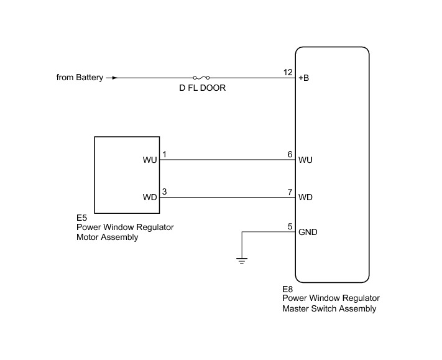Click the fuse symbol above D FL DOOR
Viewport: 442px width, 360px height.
pyautogui.click(x=201, y=78)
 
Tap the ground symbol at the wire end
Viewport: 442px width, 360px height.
pyautogui.click(x=241, y=260)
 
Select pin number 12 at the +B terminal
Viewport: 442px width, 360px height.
pyautogui.click(x=288, y=72)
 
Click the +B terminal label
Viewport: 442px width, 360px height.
pyautogui.click(x=305, y=78)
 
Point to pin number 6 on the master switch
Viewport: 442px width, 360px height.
pyautogui.click(x=290, y=154)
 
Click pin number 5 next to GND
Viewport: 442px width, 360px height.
pyautogui.click(x=290, y=226)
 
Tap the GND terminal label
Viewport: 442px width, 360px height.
pyautogui.click(x=308, y=233)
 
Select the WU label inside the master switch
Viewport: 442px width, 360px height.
pyautogui.click(x=305, y=160)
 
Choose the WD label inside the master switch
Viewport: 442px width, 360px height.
pyautogui.click(x=305, y=198)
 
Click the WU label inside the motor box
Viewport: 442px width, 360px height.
pyautogui.click(x=149, y=160)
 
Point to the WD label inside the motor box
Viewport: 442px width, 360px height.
pyautogui.click(x=149, y=198)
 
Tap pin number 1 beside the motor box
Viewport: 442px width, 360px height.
pyautogui.click(x=164, y=154)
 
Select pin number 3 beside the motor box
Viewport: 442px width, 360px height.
pyautogui.click(x=164, y=192)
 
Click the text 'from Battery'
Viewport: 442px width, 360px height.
pyautogui.click(x=80, y=78)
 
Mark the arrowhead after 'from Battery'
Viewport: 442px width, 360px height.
pyautogui.click(x=112, y=78)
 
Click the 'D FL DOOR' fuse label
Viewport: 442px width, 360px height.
pyautogui.click(x=202, y=89)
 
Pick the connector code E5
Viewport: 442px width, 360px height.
pyautogui.click(x=81, y=218)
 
